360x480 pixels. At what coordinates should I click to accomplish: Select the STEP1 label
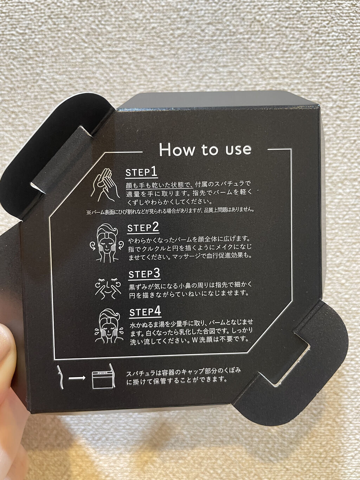pos(141,173)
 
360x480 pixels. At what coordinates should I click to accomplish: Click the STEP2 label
pos(143,228)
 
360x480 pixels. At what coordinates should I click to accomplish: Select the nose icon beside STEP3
pos(108,288)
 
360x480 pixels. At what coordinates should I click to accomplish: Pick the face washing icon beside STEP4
pos(109,326)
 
